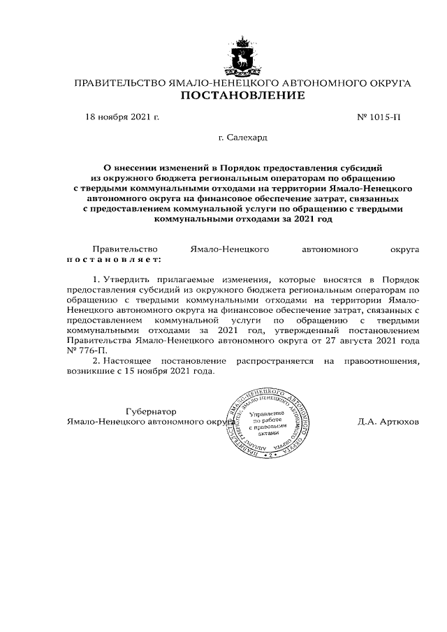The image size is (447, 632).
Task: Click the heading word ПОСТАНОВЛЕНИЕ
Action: click(242, 96)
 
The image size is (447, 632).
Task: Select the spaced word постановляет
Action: click(113, 259)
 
